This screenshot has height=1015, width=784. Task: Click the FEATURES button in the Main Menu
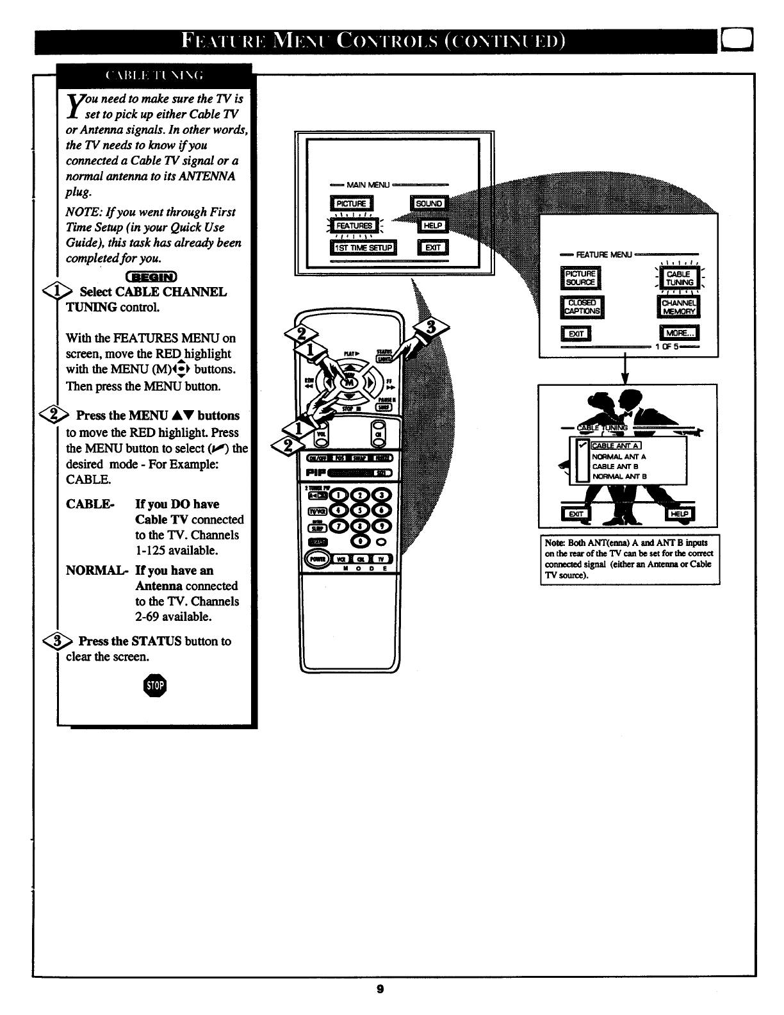tap(354, 226)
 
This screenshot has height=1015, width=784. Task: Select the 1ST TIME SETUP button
tap(363, 248)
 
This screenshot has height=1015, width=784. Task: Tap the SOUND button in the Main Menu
tap(429, 204)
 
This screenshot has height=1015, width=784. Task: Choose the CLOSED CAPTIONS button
tap(582, 306)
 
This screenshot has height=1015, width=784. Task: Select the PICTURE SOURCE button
tap(580, 278)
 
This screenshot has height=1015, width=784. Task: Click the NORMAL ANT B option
tap(619, 476)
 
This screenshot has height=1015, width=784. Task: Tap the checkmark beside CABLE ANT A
tap(582, 446)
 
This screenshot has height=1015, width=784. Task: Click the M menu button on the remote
tap(349, 382)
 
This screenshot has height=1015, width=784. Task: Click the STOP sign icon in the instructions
tap(156, 686)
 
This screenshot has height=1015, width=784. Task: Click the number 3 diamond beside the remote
tap(432, 328)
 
